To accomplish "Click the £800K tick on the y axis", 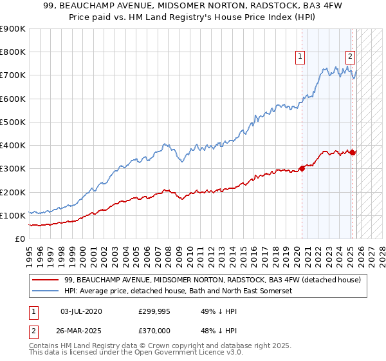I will tap(13, 52).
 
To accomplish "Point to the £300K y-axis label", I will tap(13, 169).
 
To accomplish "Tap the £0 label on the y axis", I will tap(19, 239).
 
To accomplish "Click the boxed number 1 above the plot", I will tap(300, 57).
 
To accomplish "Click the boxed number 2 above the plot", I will tap(350, 57).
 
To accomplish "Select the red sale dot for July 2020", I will tap(302, 169).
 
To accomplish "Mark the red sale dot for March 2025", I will tap(353, 153).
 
